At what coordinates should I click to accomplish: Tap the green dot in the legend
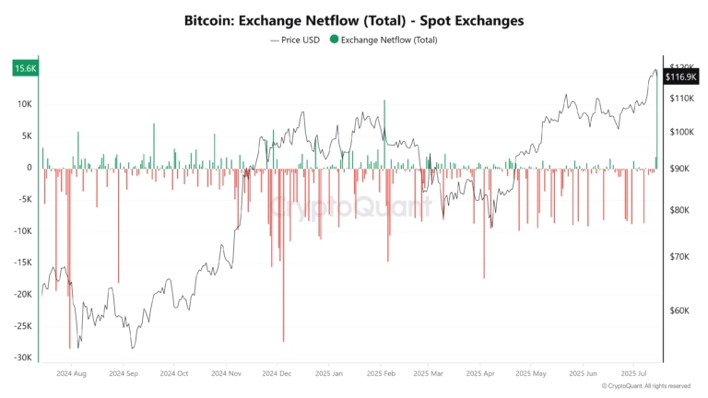[334, 41]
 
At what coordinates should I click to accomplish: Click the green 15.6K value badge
[25, 68]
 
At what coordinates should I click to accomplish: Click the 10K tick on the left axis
[25, 104]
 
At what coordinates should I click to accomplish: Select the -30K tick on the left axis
[23, 357]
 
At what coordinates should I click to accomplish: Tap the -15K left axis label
[23, 263]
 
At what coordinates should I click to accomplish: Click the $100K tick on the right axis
[680, 133]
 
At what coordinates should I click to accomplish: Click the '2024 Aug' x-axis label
[71, 374]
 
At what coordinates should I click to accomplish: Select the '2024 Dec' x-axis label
[277, 374]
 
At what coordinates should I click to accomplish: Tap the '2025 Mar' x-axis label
[429, 374]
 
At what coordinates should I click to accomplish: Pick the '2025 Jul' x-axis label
[636, 374]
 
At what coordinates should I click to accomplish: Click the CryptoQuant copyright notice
[645, 386]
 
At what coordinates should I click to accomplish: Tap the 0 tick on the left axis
[29, 168]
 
